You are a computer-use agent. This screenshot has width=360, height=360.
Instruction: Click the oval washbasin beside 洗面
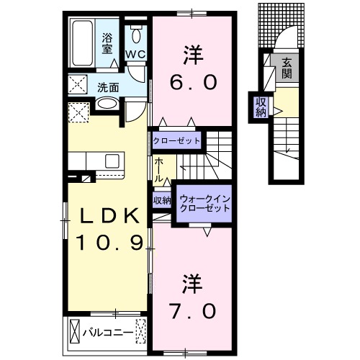pyautogui.click(x=106, y=104)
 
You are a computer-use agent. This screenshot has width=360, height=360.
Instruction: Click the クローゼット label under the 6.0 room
pyautogui.click(x=176, y=140)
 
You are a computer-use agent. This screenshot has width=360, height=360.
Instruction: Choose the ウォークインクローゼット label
pyautogui.click(x=204, y=202)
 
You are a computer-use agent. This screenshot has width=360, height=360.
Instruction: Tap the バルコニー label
pyautogui.click(x=107, y=333)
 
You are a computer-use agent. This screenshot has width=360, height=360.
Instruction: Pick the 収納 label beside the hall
pyautogui.click(x=162, y=200)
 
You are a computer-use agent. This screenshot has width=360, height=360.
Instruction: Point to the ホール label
pyautogui.click(x=158, y=169)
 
